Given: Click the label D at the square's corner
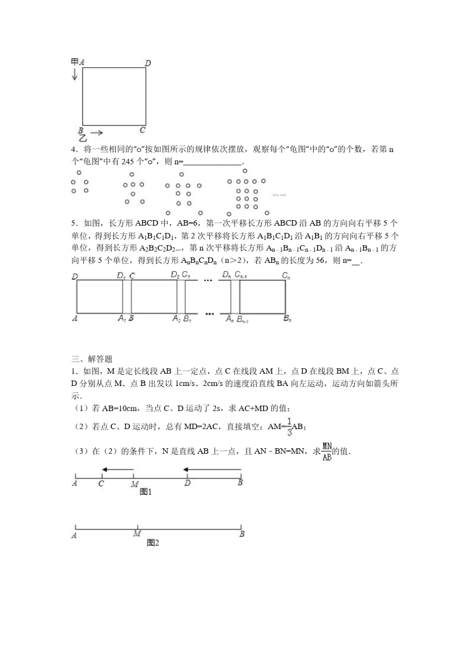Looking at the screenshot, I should [x=148, y=63].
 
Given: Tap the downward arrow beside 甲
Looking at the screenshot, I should [x=75, y=74].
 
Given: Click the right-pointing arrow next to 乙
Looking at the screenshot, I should [x=96, y=133].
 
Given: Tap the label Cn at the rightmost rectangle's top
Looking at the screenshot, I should [x=285, y=275].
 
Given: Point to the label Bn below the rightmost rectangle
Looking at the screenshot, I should [x=287, y=319].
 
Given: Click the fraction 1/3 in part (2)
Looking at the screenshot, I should [x=290, y=426].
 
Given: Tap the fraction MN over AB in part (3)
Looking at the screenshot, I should [x=327, y=451].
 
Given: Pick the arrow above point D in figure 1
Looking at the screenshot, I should [x=212, y=470].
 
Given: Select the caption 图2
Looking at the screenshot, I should [x=153, y=543].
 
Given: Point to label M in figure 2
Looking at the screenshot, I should [x=137, y=534].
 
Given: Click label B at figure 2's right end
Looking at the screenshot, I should [x=242, y=534].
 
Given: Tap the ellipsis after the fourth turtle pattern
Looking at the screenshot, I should [x=279, y=195].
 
